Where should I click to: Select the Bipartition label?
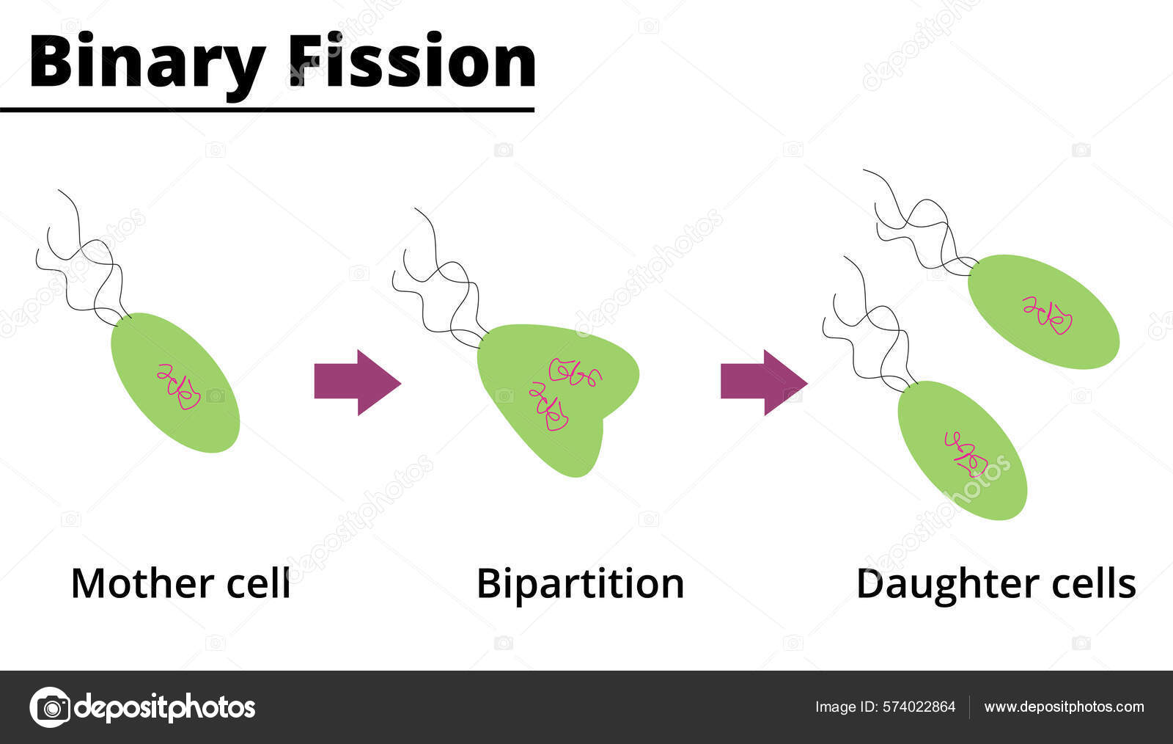pyautogui.click(x=580, y=584)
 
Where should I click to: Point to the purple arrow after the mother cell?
pyautogui.click(x=356, y=382)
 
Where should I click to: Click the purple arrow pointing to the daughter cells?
pyautogui.click(x=763, y=382)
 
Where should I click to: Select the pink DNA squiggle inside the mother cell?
pyautogui.click(x=179, y=386)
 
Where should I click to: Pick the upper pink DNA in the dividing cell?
pyautogui.click(x=575, y=372)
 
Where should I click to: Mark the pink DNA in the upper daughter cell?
pyautogui.click(x=1048, y=314)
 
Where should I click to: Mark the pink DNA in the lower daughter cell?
pyautogui.click(x=966, y=453)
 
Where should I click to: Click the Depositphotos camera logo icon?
pyautogui.click(x=50, y=707)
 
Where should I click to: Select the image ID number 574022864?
pyautogui.click(x=919, y=707)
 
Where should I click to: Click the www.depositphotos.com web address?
pyautogui.click(x=1064, y=707)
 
